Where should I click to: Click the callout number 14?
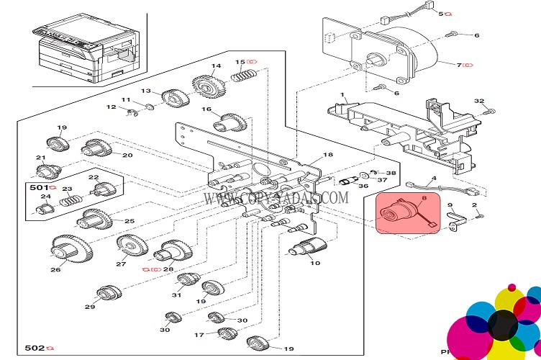tap(216, 67)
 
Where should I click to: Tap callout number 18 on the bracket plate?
tap(328, 156)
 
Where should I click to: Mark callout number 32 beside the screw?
tap(479, 101)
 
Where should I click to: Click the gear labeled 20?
tap(98, 149)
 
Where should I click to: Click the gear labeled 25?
tap(95, 217)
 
